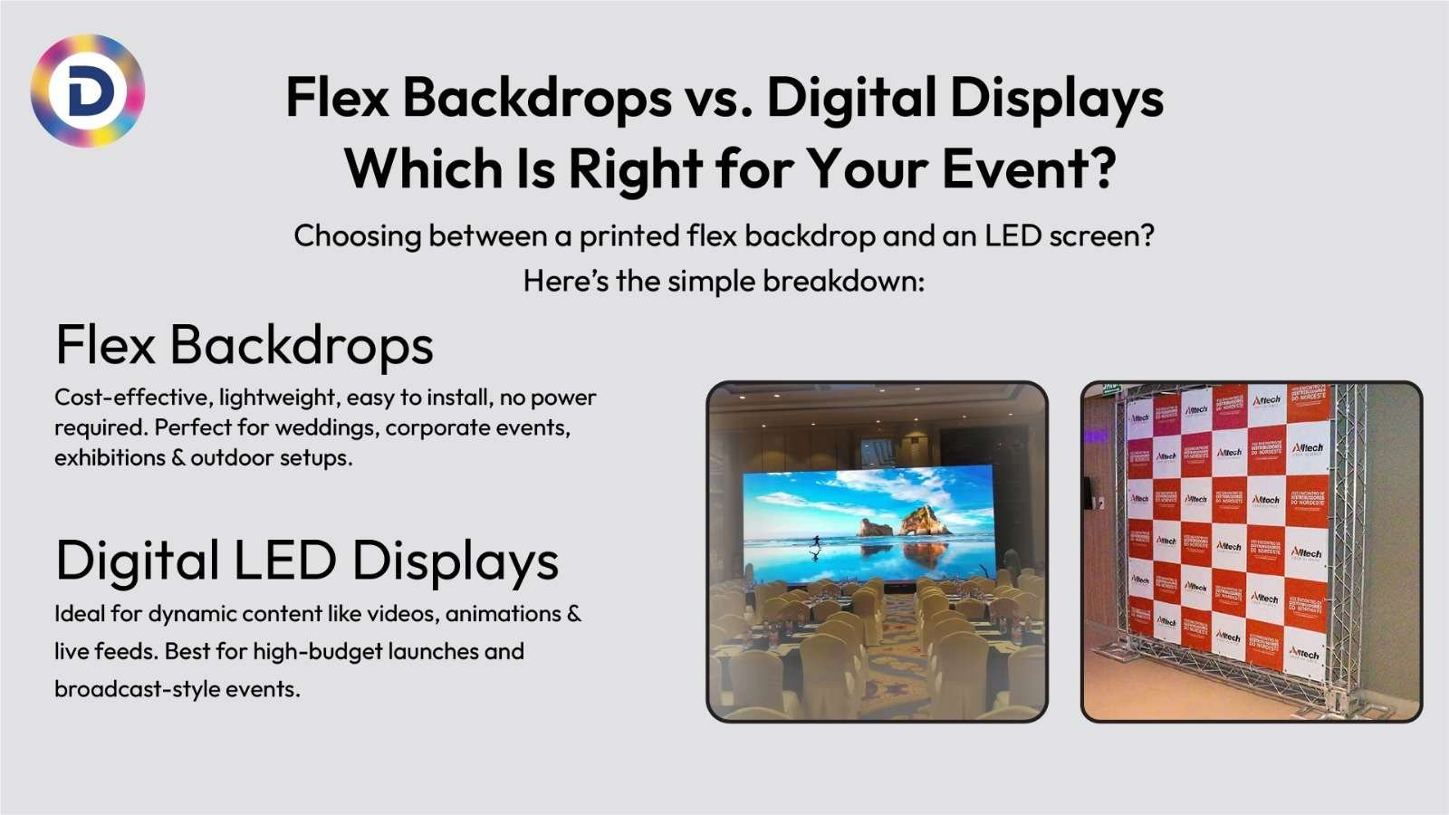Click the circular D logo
(88, 91)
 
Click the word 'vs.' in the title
(719, 98)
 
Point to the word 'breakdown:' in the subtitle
(843, 281)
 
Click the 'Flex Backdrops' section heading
(245, 345)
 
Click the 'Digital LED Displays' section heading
(307, 561)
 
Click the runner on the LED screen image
(816, 542)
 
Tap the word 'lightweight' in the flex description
(277, 398)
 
